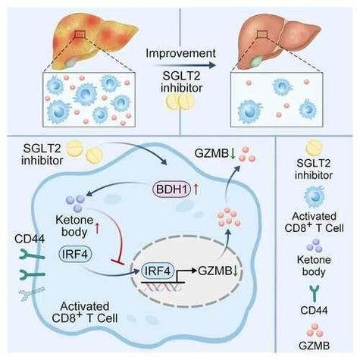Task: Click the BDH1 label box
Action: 171,189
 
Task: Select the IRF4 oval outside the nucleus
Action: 75,255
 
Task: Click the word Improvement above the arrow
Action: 181,53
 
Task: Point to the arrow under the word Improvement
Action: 184,65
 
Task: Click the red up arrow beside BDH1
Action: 196,189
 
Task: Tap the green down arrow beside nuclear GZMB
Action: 236,271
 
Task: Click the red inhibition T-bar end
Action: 117,261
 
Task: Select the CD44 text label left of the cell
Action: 30,239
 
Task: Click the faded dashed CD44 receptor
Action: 32,293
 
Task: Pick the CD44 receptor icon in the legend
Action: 314,293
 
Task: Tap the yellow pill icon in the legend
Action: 315,148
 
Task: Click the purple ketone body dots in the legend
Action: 315,246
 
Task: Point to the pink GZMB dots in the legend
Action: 315,330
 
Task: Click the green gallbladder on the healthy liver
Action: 257,61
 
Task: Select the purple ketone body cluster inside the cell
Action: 78,202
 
